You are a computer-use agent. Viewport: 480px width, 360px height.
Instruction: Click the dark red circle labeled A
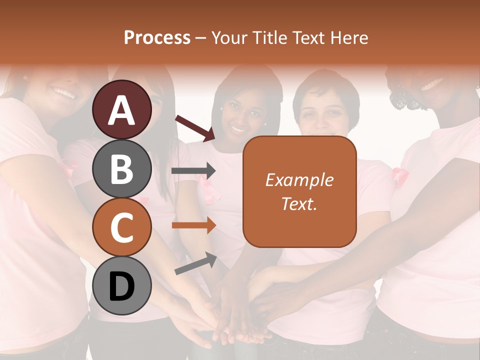[x=122, y=109]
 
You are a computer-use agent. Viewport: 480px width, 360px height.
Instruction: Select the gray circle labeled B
[x=122, y=168]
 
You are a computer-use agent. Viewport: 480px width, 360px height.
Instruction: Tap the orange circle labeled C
[x=122, y=227]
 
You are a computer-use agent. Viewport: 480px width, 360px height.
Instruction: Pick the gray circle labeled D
[x=122, y=286]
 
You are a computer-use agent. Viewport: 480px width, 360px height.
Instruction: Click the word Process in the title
[x=157, y=37]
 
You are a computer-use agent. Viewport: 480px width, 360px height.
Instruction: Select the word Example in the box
[x=299, y=180]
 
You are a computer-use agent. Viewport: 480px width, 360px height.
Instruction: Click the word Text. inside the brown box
[x=299, y=203]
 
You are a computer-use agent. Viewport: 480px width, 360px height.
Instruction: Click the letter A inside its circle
[x=122, y=110]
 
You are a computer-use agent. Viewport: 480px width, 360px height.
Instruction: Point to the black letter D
[x=122, y=287]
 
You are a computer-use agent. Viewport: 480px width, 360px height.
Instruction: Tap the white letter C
[x=122, y=228]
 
